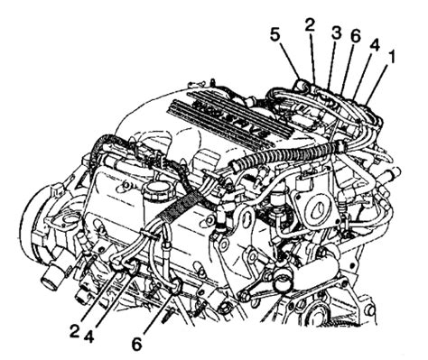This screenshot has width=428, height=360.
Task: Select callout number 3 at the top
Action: pos(336,32)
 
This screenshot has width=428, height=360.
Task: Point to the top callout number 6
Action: pos(355,36)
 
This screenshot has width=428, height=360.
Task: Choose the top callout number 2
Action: pos(310,26)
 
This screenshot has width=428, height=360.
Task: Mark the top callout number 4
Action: pos(374,46)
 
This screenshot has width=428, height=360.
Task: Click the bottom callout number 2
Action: pos(75,331)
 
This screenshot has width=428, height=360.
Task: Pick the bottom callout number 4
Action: pos(88,336)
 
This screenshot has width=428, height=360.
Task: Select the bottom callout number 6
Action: pos(136,345)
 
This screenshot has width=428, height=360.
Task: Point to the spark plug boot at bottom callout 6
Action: pos(175,285)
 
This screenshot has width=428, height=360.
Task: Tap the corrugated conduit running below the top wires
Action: pos(286,153)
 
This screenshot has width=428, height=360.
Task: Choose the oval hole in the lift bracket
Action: pos(246,219)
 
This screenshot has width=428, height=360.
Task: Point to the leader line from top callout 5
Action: pos(290,61)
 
